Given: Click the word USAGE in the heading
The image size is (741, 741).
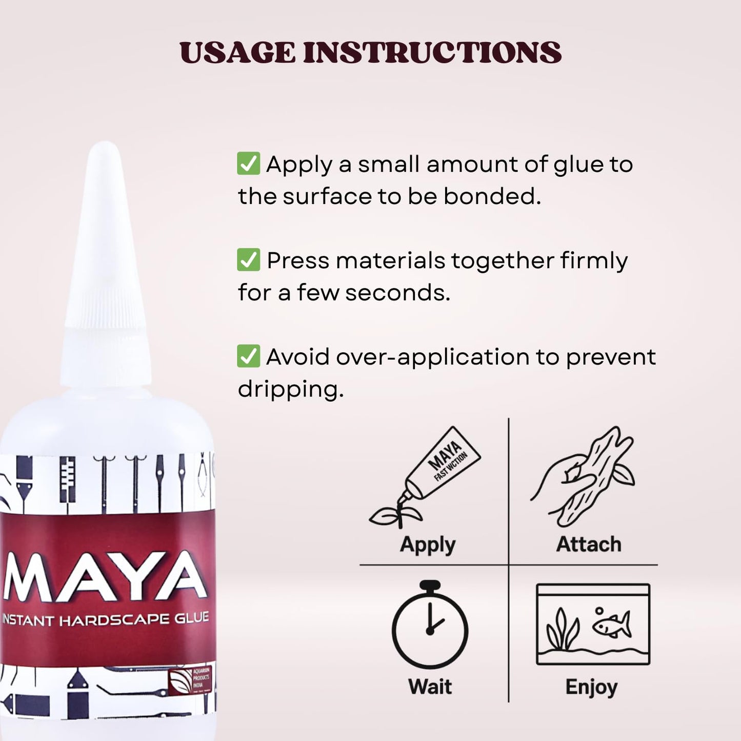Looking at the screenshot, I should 237,53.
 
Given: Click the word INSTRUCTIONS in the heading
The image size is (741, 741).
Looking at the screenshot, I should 432,53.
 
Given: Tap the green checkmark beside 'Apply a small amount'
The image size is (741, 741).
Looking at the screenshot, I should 248,164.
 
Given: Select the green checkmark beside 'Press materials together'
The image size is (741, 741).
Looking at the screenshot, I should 248,259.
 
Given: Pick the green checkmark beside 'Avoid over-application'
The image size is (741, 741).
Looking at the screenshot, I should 248,356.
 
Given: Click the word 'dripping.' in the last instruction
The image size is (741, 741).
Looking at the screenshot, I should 290,389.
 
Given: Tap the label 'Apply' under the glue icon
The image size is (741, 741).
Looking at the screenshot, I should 428,545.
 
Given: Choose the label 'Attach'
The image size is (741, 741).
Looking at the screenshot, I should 588,545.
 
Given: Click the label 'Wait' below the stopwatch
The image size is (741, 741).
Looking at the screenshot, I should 430,687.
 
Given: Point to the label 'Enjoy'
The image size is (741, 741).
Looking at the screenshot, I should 591,687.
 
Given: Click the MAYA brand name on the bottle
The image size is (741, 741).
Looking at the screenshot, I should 105,577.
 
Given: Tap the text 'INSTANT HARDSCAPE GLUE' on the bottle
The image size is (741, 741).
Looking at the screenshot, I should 105,619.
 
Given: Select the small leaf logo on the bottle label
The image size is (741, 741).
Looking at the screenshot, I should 180,682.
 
